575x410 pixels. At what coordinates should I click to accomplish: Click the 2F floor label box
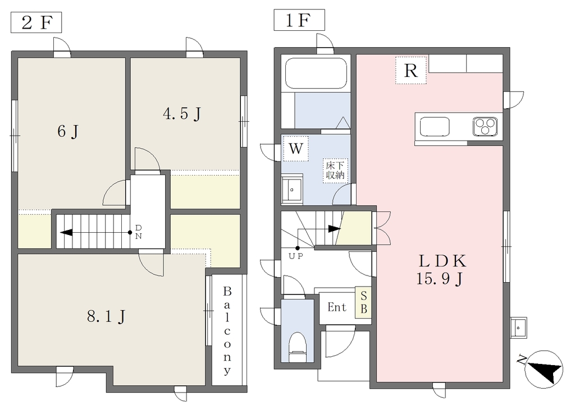[36, 23]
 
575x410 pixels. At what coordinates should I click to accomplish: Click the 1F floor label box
[299, 20]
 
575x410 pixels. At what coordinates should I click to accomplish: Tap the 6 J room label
[68, 131]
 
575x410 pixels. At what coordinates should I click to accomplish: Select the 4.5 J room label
[182, 114]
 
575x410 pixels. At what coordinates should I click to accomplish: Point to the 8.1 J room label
[106, 316]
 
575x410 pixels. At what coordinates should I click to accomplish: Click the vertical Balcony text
[227, 330]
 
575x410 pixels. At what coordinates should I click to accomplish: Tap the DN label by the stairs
[138, 232]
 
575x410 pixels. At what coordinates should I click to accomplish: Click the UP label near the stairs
[295, 256]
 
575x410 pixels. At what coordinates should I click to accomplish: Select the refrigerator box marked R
[410, 70]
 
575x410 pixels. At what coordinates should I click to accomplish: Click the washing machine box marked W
[295, 149]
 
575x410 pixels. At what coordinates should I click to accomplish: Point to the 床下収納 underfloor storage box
[335, 171]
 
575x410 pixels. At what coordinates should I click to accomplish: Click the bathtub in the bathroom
[316, 73]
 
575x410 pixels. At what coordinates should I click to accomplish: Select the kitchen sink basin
[435, 126]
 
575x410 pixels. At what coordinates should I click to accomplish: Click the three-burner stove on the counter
[485, 126]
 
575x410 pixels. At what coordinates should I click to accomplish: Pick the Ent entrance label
[337, 307]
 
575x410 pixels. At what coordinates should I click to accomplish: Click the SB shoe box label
[363, 302]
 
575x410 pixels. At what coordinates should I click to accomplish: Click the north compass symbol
[544, 369]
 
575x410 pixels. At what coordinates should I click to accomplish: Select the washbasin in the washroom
[292, 190]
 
